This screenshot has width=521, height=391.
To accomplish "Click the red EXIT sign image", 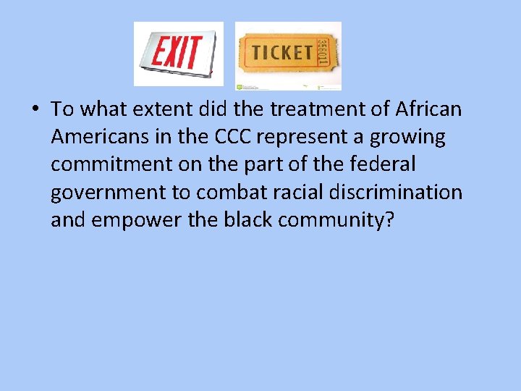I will tap(179, 54).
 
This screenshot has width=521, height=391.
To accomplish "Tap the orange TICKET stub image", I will tap(288, 56).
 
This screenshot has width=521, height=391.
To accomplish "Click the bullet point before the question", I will tap(35, 110).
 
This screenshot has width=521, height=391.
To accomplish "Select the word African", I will tap(428, 109).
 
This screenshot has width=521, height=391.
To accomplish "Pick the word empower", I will tap(137, 220).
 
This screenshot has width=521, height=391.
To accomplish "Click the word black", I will tap(243, 219).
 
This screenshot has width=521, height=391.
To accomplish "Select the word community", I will tap(336, 220).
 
